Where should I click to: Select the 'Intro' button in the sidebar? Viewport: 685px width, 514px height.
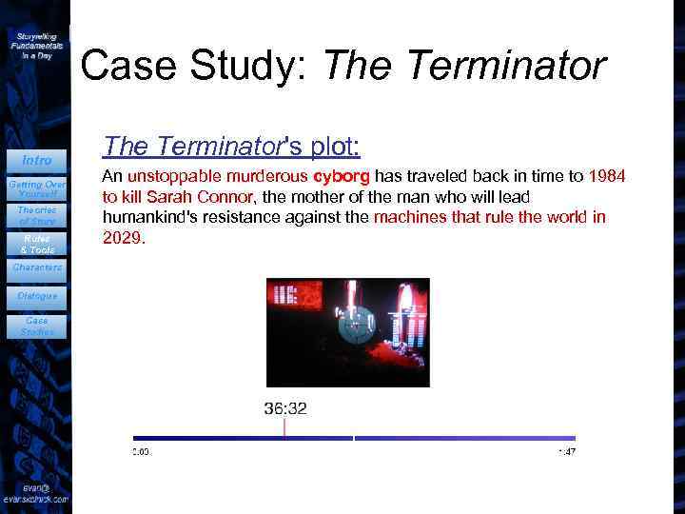point(36,160)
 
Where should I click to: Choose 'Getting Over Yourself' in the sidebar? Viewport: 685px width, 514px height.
point(36,188)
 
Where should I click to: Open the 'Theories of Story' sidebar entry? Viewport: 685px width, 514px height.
point(36,215)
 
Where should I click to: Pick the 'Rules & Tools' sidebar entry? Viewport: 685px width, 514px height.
point(36,244)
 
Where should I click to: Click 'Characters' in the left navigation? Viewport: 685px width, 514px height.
point(36,267)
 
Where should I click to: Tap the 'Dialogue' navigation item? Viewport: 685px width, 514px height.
point(36,296)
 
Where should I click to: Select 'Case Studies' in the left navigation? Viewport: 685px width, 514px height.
point(36,326)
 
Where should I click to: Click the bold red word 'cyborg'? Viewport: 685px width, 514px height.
point(342,176)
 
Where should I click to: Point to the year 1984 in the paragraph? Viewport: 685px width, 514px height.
point(608,176)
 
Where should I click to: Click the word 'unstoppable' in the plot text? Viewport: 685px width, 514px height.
point(168,176)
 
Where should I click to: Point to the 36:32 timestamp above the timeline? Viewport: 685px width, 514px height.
point(285,408)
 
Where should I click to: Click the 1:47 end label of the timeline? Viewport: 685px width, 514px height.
point(566,451)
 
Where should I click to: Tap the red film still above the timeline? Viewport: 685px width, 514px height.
point(346,332)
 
